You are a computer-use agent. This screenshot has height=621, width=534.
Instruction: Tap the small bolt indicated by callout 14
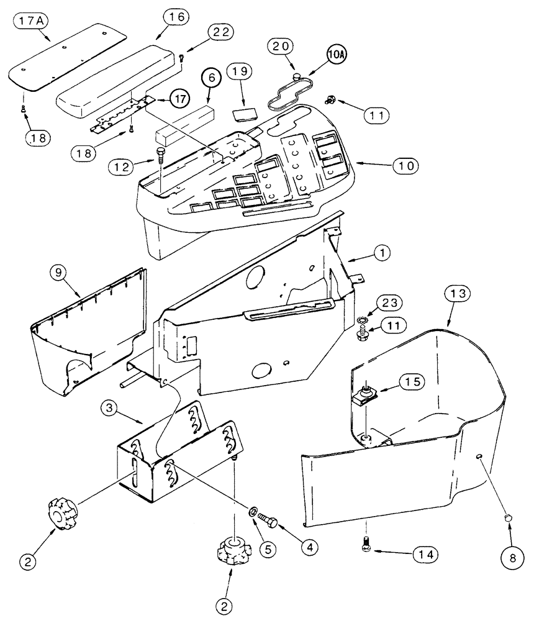[x=364, y=544]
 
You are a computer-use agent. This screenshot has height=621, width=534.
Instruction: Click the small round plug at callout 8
[x=507, y=517]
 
